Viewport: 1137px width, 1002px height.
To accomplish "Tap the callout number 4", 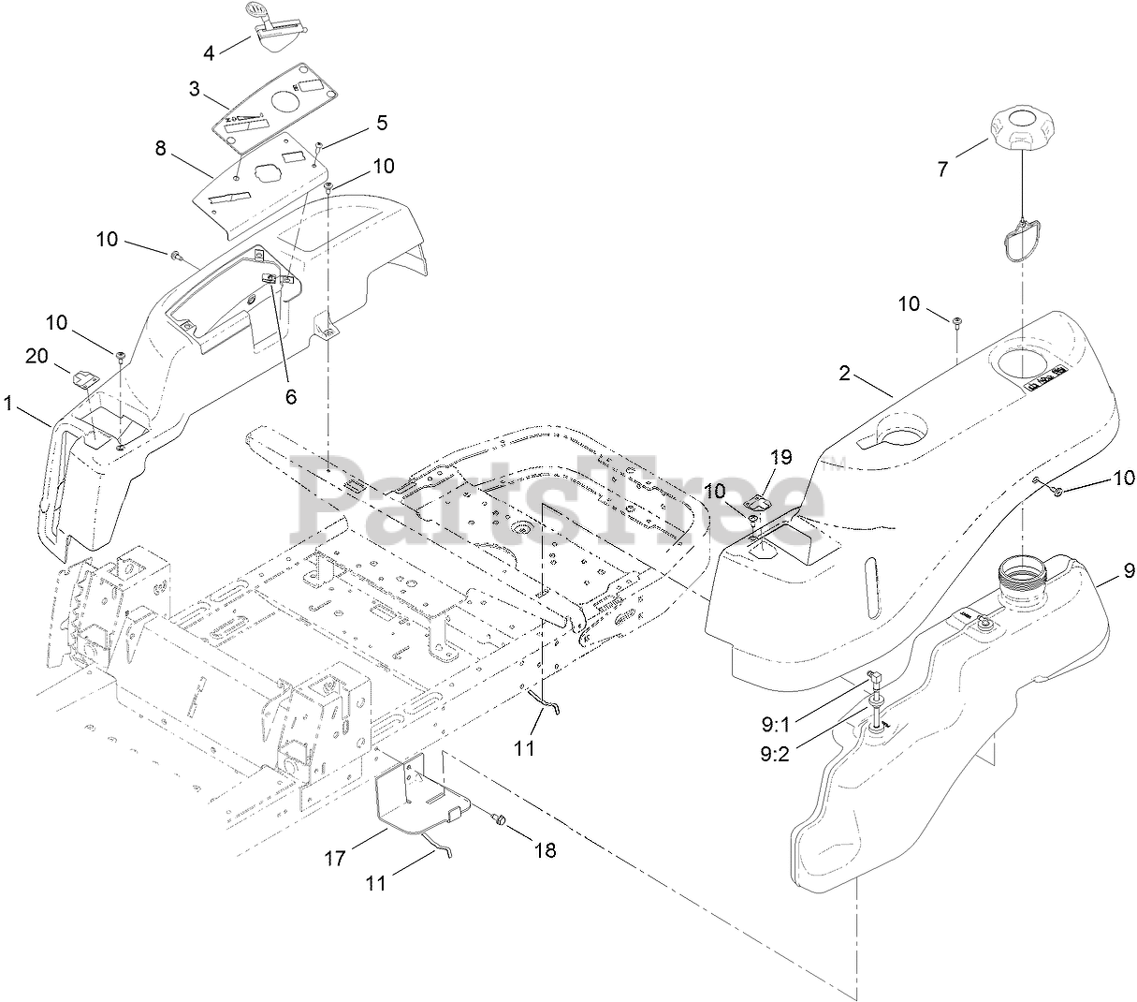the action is pyautogui.click(x=209, y=52).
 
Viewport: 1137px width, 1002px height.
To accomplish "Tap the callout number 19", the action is pyautogui.click(x=781, y=457).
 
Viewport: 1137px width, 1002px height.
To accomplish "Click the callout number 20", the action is pyautogui.click(x=36, y=356).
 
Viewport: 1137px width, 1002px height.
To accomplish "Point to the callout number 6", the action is pyautogui.click(x=291, y=397).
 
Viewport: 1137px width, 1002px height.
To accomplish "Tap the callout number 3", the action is pyautogui.click(x=194, y=89).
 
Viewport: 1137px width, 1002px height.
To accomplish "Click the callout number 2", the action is pyautogui.click(x=844, y=374).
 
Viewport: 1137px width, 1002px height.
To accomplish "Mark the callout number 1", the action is pyautogui.click(x=9, y=404).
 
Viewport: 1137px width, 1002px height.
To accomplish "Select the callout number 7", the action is pyautogui.click(x=942, y=169).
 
